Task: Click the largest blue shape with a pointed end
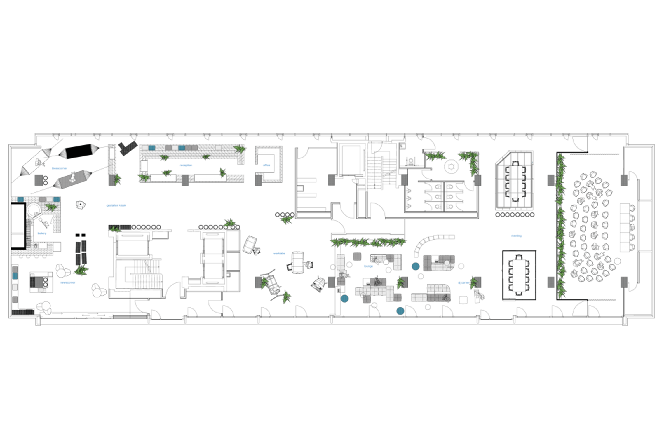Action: (118, 205)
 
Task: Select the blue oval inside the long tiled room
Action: (186, 166)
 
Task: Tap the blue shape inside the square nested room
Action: (266, 164)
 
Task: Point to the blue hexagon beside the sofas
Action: (460, 282)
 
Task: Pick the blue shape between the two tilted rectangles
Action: (59, 168)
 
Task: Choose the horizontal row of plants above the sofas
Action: (368, 242)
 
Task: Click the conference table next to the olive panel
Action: (515, 181)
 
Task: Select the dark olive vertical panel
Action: (538, 185)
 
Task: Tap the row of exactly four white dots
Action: (285, 215)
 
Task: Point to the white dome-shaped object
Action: (319, 283)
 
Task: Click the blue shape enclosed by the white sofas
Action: (367, 267)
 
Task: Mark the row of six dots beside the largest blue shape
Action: (146, 227)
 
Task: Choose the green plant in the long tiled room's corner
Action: (240, 150)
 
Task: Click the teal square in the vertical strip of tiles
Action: (15, 276)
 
